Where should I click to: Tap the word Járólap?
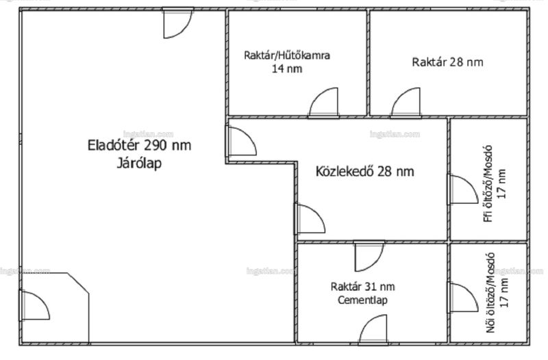tap(139, 164)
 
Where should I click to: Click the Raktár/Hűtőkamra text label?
tap(287, 55)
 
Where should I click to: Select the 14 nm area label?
tap(287, 68)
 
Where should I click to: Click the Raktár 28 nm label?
tap(448, 62)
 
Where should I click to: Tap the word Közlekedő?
tap(345, 172)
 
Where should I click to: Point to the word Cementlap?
tap(362, 300)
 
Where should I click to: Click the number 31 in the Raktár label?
tap(370, 287)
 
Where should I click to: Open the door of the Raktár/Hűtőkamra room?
tap(323, 103)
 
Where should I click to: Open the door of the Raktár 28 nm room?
tap(406, 103)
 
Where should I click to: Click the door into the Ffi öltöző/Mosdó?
tap(463, 189)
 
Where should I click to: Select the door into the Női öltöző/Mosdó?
tap(463, 297)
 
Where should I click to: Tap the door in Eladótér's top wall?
tap(178, 23)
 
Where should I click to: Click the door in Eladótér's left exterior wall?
tap(34, 305)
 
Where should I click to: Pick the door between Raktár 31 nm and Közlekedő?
tap(369, 256)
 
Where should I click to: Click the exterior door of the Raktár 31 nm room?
tap(373, 330)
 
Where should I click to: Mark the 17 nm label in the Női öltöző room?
tap(503, 293)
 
